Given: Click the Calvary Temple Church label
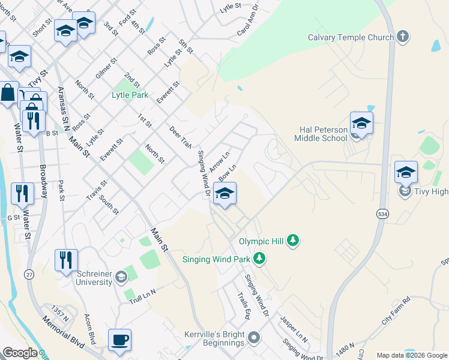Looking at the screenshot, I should (351, 37).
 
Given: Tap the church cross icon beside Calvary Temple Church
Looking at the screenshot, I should (403, 37).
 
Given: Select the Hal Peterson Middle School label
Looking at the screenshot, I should (321, 134).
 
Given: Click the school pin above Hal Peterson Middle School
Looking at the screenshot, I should (361, 123).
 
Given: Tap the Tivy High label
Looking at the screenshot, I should (430, 191).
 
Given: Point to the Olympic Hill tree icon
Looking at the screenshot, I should (292, 241).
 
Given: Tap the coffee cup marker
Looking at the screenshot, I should (119, 340).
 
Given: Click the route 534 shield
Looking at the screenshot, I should (382, 214).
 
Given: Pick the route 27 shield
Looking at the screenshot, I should (29, 274).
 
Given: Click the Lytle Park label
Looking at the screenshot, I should (130, 95).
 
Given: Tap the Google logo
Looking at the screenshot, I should (20, 353).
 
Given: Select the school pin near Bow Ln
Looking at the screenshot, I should (224, 194).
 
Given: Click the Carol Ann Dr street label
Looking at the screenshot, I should (248, 20).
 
